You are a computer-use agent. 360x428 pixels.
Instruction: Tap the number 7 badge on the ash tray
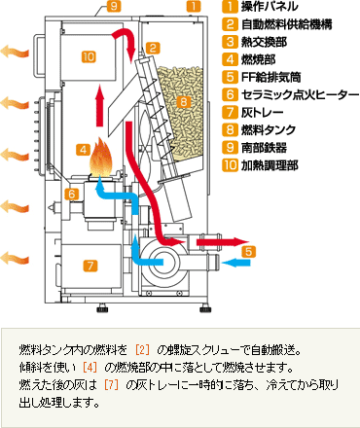[90, 266]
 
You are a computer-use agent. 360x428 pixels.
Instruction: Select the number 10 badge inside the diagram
[89, 56]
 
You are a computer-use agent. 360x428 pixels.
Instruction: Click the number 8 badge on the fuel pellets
[184, 102]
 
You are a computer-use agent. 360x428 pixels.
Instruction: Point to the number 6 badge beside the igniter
[71, 195]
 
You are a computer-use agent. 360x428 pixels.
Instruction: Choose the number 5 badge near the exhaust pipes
[248, 251]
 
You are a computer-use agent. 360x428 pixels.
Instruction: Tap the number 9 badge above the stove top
[114, 6]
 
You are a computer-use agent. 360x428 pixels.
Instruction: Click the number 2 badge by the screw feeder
[153, 48]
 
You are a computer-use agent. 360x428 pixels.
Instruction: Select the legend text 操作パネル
[269, 7]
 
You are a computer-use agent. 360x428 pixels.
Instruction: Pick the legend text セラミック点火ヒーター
[300, 94]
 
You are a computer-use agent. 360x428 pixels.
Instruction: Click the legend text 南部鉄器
[264, 148]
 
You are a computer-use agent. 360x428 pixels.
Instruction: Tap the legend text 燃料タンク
[269, 129]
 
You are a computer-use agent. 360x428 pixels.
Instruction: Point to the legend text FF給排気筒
[271, 77]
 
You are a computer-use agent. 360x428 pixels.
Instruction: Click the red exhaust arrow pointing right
[222, 241]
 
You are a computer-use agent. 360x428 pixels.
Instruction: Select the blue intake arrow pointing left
[236, 263]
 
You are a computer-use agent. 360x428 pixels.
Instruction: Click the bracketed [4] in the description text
[90, 368]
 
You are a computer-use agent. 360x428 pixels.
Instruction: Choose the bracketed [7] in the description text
[111, 385]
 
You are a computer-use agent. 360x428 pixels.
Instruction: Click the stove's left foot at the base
[103, 307]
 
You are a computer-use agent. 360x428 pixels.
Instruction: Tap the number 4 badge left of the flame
[84, 150]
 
